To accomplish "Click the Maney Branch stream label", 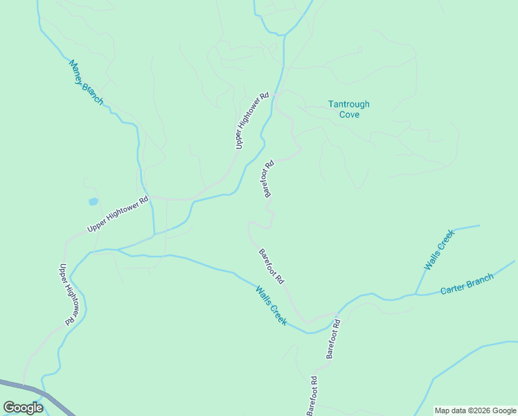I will [x=87, y=83].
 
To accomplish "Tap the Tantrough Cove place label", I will [x=348, y=109].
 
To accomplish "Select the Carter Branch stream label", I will [x=467, y=284].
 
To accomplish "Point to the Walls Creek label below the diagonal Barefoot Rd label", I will [x=271, y=306].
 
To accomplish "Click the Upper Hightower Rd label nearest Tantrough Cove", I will [x=251, y=121].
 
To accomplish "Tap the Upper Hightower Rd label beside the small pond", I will [x=118, y=215].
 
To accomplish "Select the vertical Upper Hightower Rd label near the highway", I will [x=66, y=294].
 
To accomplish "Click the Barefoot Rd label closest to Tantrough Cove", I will [x=269, y=180].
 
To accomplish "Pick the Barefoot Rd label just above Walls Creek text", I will [x=271, y=266].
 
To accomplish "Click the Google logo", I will [x=23, y=408].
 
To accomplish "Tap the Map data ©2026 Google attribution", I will [x=476, y=410].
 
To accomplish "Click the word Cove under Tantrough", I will [x=349, y=114].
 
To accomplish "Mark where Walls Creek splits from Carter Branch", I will [x=416, y=293].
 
